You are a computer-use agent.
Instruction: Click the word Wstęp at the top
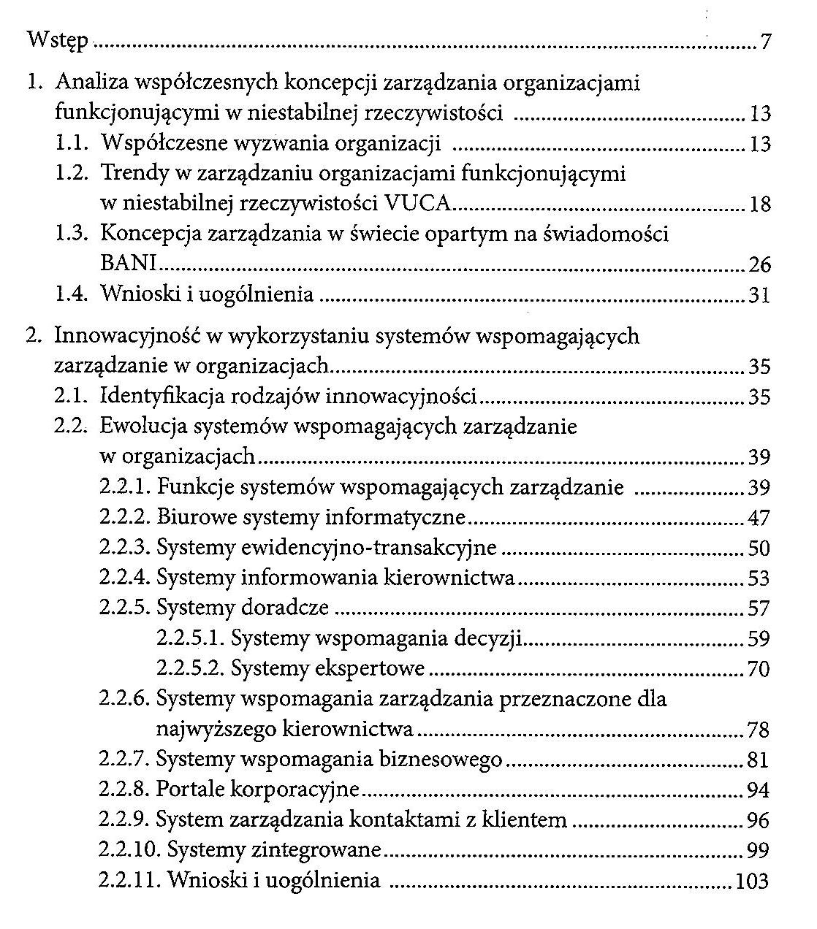(57, 40)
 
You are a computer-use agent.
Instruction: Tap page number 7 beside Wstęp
(765, 42)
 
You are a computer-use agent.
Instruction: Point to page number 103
(753, 882)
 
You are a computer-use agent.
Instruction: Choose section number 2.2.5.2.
(191, 668)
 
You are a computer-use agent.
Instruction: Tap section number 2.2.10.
(129, 851)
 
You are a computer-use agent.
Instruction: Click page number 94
(759, 791)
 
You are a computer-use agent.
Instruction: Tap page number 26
(759, 264)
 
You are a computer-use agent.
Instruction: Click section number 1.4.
(73, 295)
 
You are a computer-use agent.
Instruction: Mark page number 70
(759, 669)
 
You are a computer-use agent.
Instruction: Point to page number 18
(759, 204)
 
